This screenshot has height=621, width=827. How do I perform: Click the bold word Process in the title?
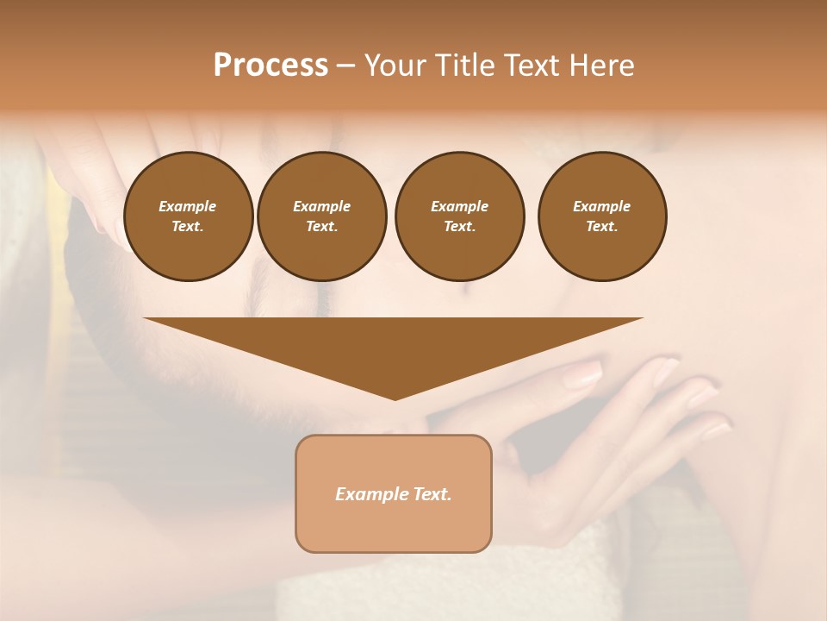tap(270, 66)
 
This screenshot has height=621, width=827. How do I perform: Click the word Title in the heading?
tap(462, 66)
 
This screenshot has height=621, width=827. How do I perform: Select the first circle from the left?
tap(188, 216)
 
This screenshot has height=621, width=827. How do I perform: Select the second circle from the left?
tap(321, 216)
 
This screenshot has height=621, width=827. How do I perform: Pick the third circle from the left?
tap(459, 216)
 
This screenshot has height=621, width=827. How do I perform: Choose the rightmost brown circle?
tap(601, 216)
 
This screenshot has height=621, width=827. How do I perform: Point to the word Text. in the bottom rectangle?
tap(430, 494)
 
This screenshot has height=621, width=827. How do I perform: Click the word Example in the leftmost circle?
tap(188, 206)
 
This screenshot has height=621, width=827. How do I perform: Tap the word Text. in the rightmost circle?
tap(601, 226)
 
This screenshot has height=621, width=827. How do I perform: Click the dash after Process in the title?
tap(346, 66)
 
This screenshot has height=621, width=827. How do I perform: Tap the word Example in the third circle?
tap(459, 206)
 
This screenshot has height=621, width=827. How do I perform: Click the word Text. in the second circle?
tap(321, 226)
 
